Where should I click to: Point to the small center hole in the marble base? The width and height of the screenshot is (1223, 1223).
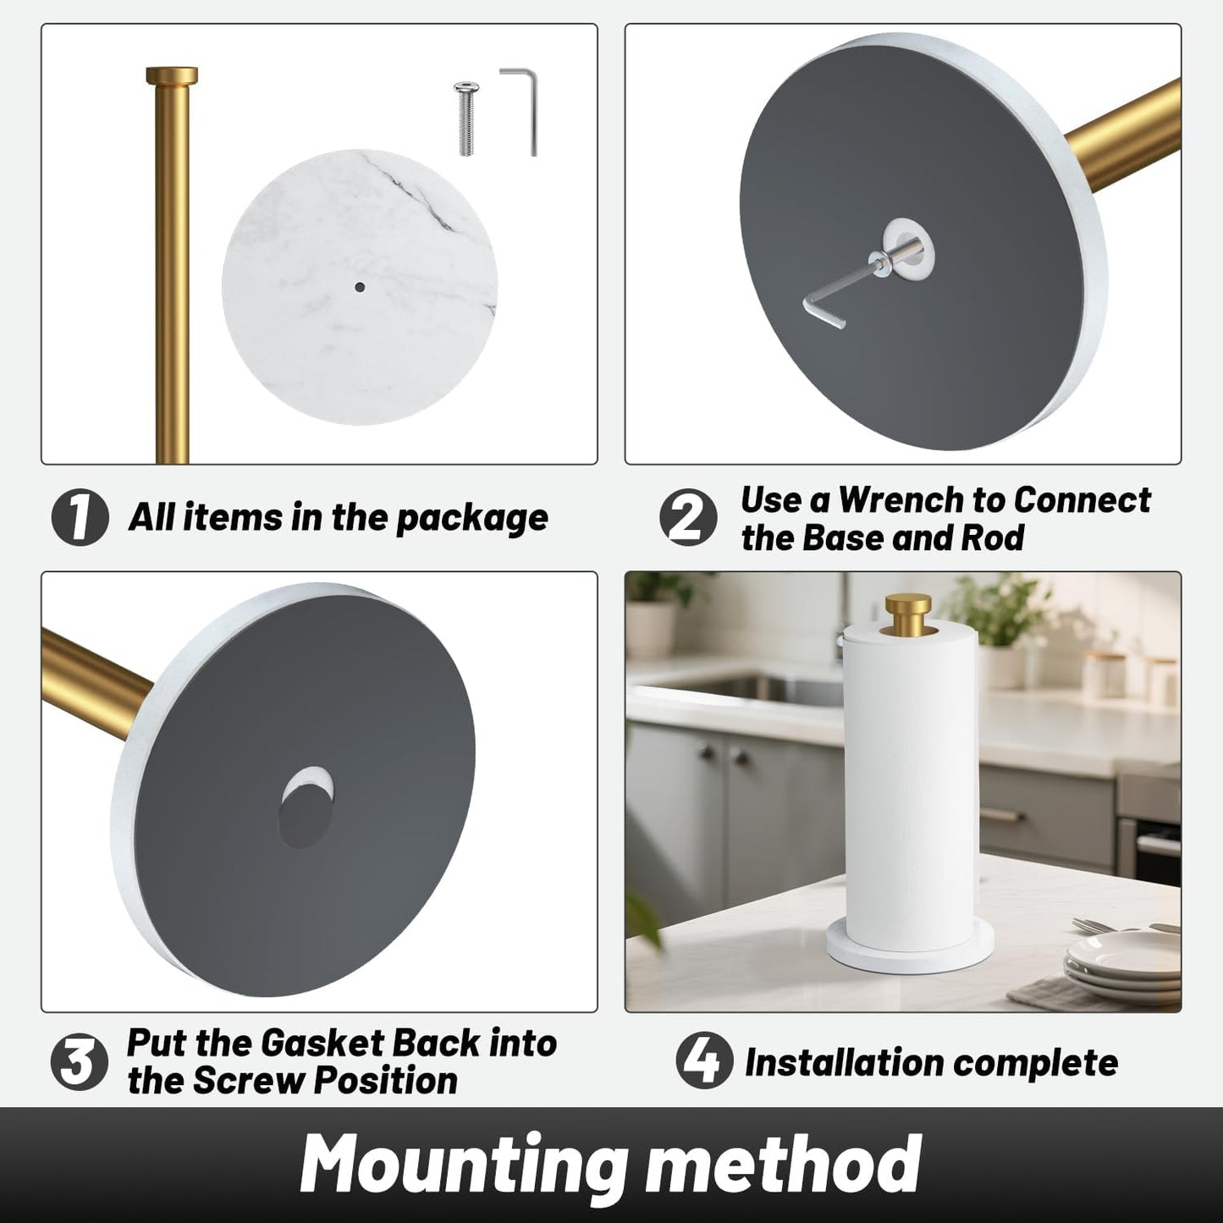tap(360, 287)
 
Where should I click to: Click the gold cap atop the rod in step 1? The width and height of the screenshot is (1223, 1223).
tap(172, 75)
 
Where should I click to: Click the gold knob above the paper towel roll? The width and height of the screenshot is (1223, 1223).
tap(908, 611)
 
